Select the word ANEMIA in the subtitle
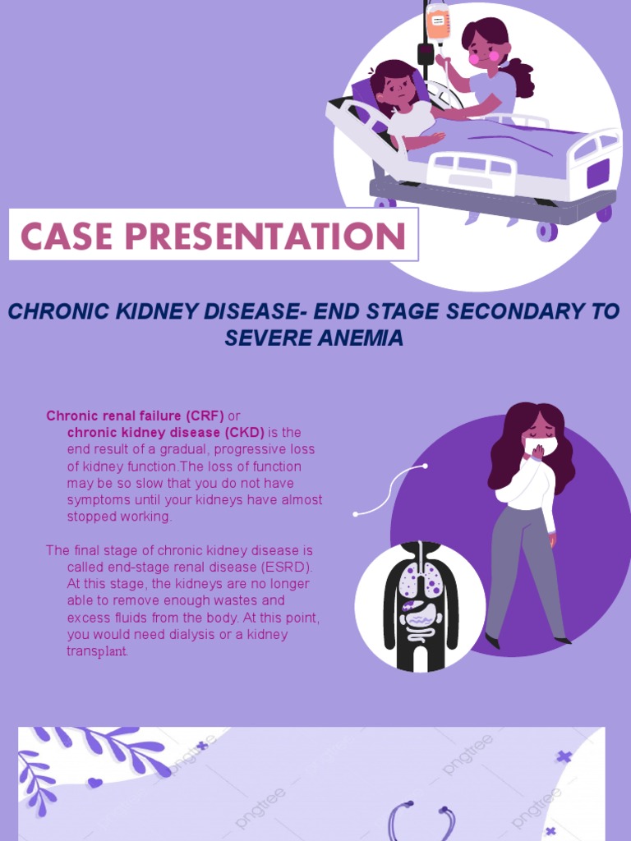pos(362,338)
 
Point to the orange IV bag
pos(438,24)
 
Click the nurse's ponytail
pos(519,77)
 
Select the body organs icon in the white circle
pos(421,604)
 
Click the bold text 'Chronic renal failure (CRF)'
pos(135,416)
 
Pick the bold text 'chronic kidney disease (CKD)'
pos(166,432)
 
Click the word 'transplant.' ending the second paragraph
pos(97,651)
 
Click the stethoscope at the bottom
pos(421,821)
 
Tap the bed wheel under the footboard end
pos(604,214)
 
